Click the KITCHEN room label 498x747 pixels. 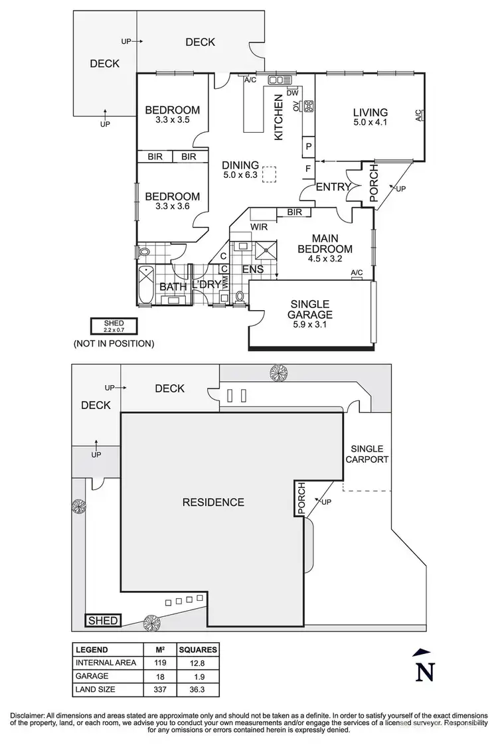pos(279,117)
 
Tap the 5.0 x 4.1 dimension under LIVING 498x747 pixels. pos(370,122)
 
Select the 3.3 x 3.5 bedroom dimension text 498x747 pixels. pos(172,120)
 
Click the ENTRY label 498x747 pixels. pos(333,187)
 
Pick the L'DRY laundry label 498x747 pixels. pos(206,286)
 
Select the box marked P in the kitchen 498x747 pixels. pos(309,145)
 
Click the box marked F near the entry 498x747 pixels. pos(308,169)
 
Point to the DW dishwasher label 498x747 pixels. pos(292,93)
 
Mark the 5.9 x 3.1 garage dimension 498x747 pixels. pos(310,325)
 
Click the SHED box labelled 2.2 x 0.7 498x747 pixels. pos(114,326)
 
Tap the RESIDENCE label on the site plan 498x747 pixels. pos(213,502)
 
